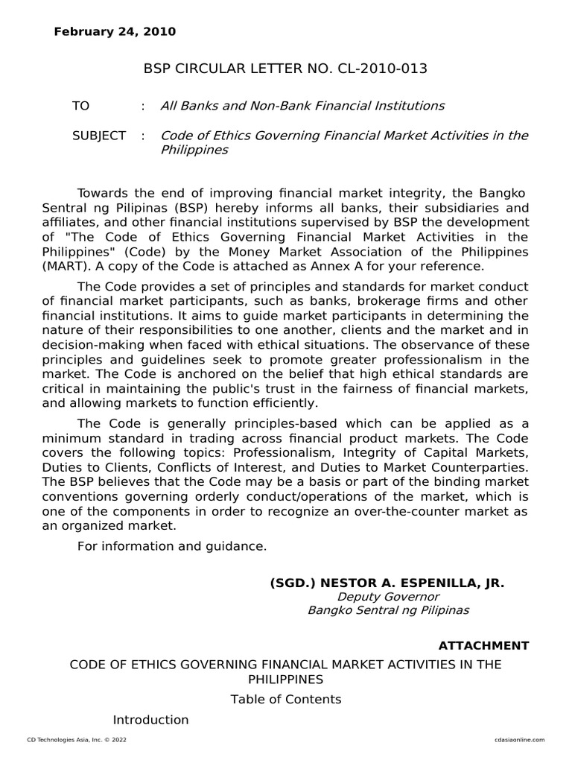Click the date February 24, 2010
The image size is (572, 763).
click(x=115, y=31)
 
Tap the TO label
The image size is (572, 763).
click(x=80, y=106)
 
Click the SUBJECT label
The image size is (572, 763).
click(x=99, y=136)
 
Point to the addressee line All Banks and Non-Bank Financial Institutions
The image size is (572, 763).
click(x=302, y=106)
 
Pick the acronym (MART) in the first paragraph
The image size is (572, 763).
click(x=63, y=266)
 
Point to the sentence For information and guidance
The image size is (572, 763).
click(x=171, y=546)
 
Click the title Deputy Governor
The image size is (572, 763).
click(x=388, y=597)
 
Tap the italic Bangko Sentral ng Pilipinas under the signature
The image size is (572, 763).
click(x=388, y=611)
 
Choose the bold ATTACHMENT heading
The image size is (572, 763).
click(x=483, y=645)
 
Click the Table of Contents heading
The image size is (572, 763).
click(x=285, y=699)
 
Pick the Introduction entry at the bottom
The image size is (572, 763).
click(x=150, y=720)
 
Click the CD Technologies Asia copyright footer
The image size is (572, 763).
click(x=71, y=739)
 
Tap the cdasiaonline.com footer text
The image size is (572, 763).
click(x=519, y=739)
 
